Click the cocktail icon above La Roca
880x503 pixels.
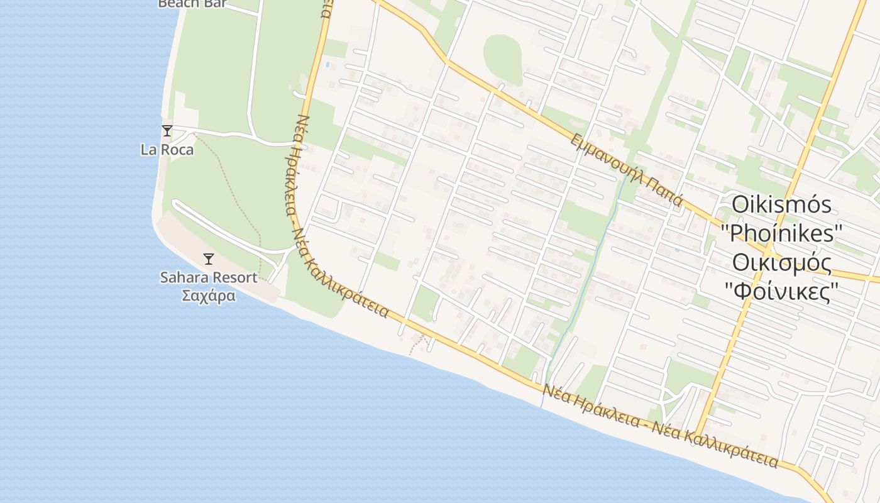167,131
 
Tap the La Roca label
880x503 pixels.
167,150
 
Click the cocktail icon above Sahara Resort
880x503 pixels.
209,258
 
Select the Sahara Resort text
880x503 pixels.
209,277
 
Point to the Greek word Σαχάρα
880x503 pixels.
209,296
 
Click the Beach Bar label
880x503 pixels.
192,4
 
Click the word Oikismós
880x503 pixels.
782,205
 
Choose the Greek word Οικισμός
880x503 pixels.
782,263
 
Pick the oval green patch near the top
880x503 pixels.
502,58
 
